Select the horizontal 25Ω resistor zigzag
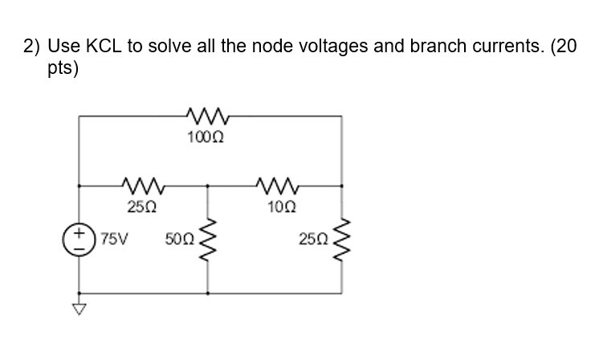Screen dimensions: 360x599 pyautogui.click(x=143, y=186)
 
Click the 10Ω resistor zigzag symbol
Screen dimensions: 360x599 pyautogui.click(x=276, y=186)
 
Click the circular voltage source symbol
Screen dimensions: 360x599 pyautogui.click(x=79, y=239)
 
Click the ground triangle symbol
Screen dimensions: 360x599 pyautogui.click(x=79, y=309)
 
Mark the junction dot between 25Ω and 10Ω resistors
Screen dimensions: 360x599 pyautogui.click(x=209, y=186)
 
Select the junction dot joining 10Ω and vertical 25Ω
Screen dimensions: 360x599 pyautogui.click(x=343, y=186)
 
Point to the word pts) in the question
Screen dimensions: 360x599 pyautogui.click(x=62, y=69)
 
